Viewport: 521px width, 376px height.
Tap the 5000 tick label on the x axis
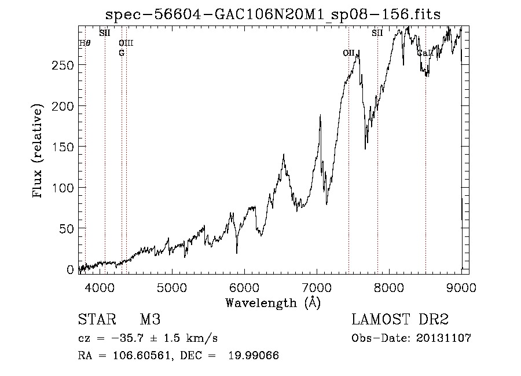[171, 287]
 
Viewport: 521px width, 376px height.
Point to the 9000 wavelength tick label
[461, 287]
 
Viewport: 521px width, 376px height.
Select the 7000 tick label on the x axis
[316, 287]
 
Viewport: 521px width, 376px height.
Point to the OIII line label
[126, 43]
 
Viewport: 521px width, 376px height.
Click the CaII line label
[425, 53]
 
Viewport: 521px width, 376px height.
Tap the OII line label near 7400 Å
[348, 53]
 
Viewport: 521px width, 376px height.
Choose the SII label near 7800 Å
[377, 33]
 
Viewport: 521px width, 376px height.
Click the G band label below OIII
[122, 53]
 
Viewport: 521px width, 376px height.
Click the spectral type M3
[150, 320]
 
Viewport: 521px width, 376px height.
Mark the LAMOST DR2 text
[400, 320]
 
